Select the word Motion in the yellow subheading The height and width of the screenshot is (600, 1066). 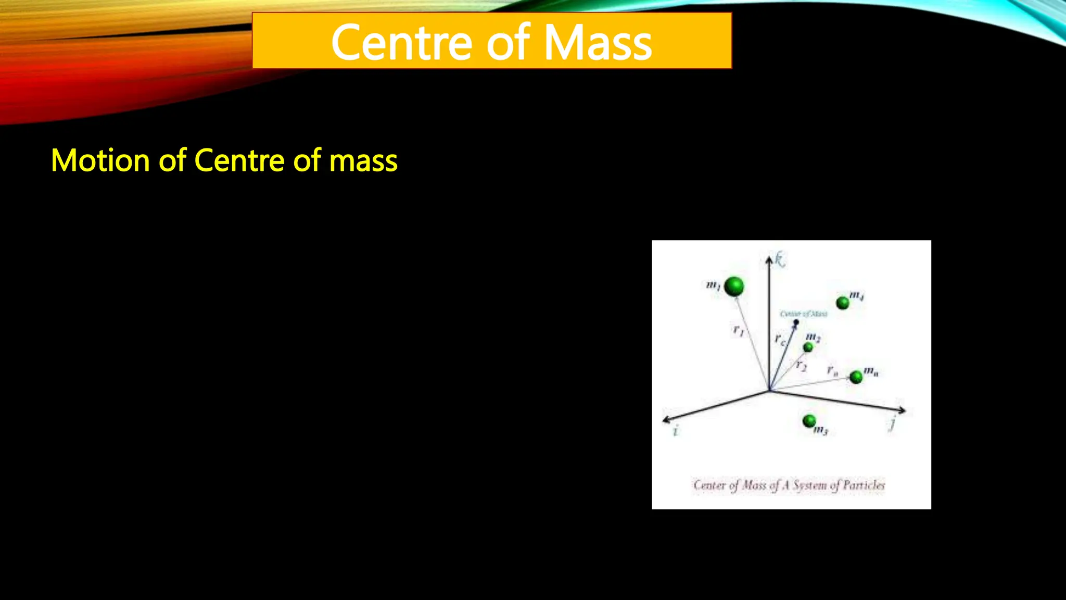pos(100,160)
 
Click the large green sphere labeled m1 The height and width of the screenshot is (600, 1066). pos(734,286)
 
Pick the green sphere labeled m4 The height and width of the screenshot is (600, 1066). pos(842,303)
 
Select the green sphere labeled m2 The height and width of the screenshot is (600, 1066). pos(808,347)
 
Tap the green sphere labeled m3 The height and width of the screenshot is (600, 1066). pos(809,420)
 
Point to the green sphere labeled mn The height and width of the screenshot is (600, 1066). pos(856,377)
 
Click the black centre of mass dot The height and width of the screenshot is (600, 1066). pos(796,322)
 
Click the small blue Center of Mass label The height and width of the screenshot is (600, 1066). pos(803,314)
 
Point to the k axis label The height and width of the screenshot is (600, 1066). pos(779,259)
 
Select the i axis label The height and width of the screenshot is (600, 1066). pos(676,431)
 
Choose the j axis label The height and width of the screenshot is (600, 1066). pos(892,422)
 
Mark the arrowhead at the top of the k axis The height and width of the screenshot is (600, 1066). pos(769,259)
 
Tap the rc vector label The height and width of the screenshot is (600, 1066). pos(779,340)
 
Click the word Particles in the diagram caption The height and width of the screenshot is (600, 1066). pos(864,485)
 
